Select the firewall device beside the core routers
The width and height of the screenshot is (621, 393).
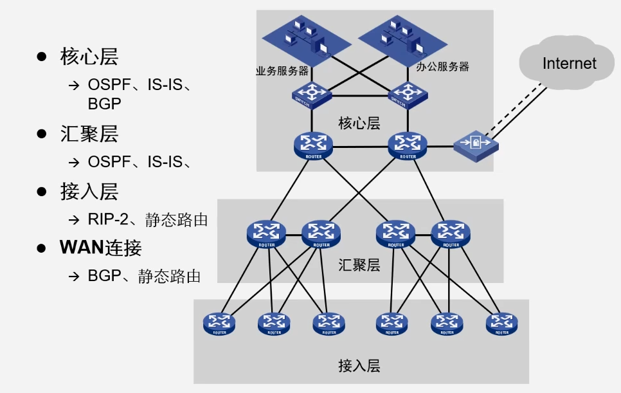pyautogui.click(x=476, y=145)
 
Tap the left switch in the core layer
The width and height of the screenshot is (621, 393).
pyautogui.click(x=311, y=95)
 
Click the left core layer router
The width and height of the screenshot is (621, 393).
pyautogui.click(x=312, y=145)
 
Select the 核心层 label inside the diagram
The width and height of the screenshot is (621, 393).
pyautogui.click(x=359, y=122)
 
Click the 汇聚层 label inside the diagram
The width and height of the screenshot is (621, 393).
pyautogui.click(x=359, y=264)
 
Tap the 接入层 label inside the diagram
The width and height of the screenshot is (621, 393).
pyautogui.click(x=359, y=366)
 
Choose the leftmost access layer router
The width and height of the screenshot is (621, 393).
pyautogui.click(x=219, y=323)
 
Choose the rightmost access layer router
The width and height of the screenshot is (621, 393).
pyautogui.click(x=501, y=323)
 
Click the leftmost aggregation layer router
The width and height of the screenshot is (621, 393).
pyautogui.click(x=265, y=234)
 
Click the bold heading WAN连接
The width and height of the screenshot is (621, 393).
pyautogui.click(x=100, y=248)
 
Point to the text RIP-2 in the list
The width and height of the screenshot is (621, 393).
pyautogui.click(x=104, y=219)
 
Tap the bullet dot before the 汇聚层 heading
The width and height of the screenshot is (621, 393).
pyautogui.click(x=42, y=134)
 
